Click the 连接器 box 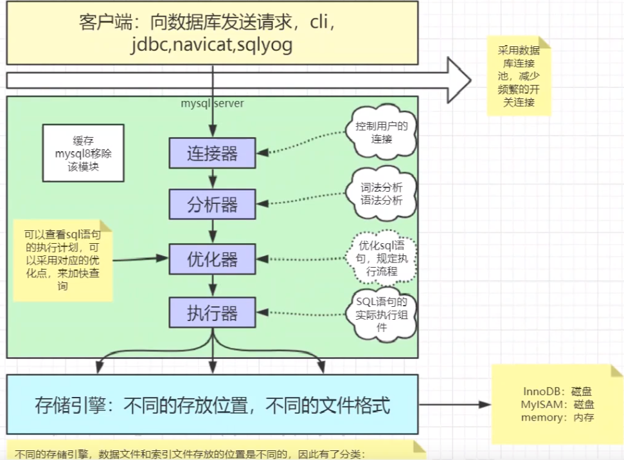pyautogui.click(x=212, y=153)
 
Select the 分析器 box pyautogui.click(x=212, y=205)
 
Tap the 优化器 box pyautogui.click(x=212, y=259)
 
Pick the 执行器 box pyautogui.click(x=212, y=313)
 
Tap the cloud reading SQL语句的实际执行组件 pyautogui.click(x=382, y=313)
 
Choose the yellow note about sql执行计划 pyautogui.click(x=63, y=261)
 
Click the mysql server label pyautogui.click(x=213, y=103)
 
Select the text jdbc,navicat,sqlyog pyautogui.click(x=212, y=45)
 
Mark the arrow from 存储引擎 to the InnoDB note pyautogui.click(x=453, y=405)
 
